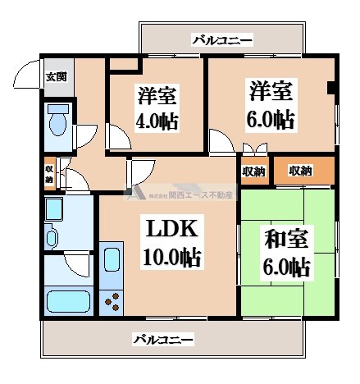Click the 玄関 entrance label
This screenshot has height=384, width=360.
(x=55, y=77)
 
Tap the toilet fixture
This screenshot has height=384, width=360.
(x=58, y=121)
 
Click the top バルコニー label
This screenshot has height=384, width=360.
(x=221, y=39)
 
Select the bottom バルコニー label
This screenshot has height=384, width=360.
(x=163, y=339)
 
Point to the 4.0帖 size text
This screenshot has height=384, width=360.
(x=156, y=122)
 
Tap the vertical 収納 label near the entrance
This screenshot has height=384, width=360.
(x=48, y=175)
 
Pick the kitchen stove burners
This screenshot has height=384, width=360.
(x=109, y=302)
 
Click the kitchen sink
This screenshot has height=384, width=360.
(x=110, y=263)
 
